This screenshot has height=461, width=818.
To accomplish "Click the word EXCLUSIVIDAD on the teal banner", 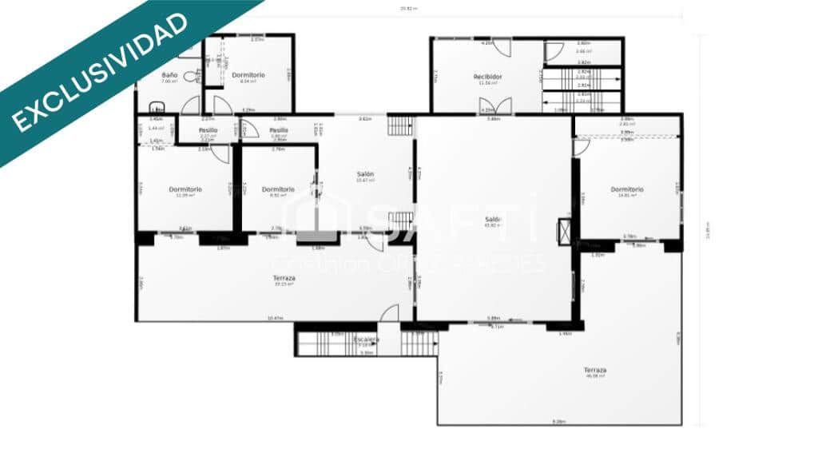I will tap(100, 70).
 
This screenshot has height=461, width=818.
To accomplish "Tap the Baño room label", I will tap(169, 74).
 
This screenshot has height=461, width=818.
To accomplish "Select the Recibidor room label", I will tap(487, 77).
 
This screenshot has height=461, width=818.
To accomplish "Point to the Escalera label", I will tap(366, 340).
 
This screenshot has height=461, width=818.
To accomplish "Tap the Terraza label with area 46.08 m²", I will tap(594, 370).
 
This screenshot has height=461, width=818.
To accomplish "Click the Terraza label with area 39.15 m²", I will tap(284, 278).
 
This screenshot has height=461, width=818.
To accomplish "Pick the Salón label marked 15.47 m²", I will tap(366, 174).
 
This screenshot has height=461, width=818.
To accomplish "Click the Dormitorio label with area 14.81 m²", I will tap(627, 189).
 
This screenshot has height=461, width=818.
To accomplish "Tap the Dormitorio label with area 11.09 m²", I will tap(185, 189).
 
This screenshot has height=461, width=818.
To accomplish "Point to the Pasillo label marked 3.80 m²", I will tap(278, 130).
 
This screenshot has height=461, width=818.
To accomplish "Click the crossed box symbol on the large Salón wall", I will tap(565, 230).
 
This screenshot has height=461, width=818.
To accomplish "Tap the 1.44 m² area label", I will tap(157, 128).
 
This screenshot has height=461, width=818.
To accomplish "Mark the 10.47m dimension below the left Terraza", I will tap(275, 319).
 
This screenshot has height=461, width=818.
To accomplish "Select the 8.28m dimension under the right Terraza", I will tap(559, 422).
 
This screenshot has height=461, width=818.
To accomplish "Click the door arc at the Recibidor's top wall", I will tap(501, 46).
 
